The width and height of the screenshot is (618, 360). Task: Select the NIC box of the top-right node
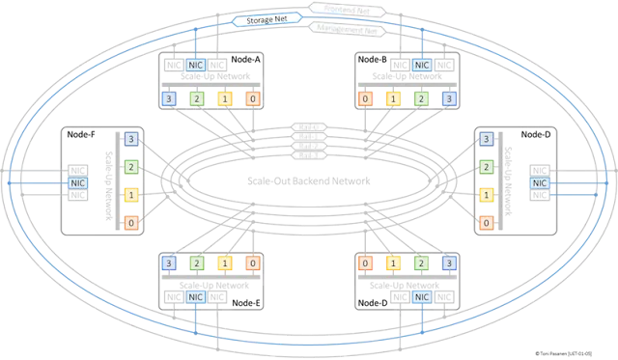pos(422,65)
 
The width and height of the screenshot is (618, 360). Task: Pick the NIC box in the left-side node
pos(76,181)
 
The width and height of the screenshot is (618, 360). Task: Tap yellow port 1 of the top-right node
pos(393,99)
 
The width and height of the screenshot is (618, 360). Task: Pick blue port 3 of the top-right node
pos(448,99)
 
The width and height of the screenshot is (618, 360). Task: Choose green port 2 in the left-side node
pos(130,167)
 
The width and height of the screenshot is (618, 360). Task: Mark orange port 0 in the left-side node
pos(130,224)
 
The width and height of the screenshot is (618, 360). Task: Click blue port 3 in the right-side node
pos(487,139)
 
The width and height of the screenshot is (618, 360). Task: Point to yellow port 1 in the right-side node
pos(487,195)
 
